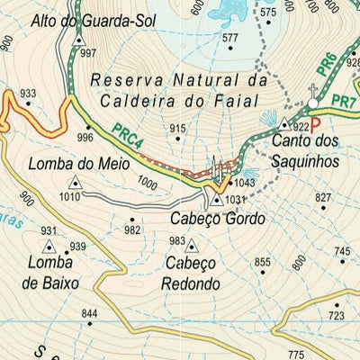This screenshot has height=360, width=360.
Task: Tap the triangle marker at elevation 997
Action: click(78, 41)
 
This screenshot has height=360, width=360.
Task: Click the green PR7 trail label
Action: click(343, 101)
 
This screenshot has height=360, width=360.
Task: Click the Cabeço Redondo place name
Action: click(191, 274)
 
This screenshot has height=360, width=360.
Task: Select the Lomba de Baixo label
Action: click(53, 273)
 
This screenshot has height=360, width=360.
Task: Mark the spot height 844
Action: click(88, 313)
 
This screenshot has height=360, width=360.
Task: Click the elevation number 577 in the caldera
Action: click(230, 38)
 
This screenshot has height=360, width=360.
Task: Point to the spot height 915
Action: click(179, 129)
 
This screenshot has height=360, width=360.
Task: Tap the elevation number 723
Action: click(336, 315)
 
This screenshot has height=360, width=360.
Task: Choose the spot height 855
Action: click(262, 263)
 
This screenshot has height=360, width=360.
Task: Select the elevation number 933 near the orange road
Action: click(28, 94)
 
